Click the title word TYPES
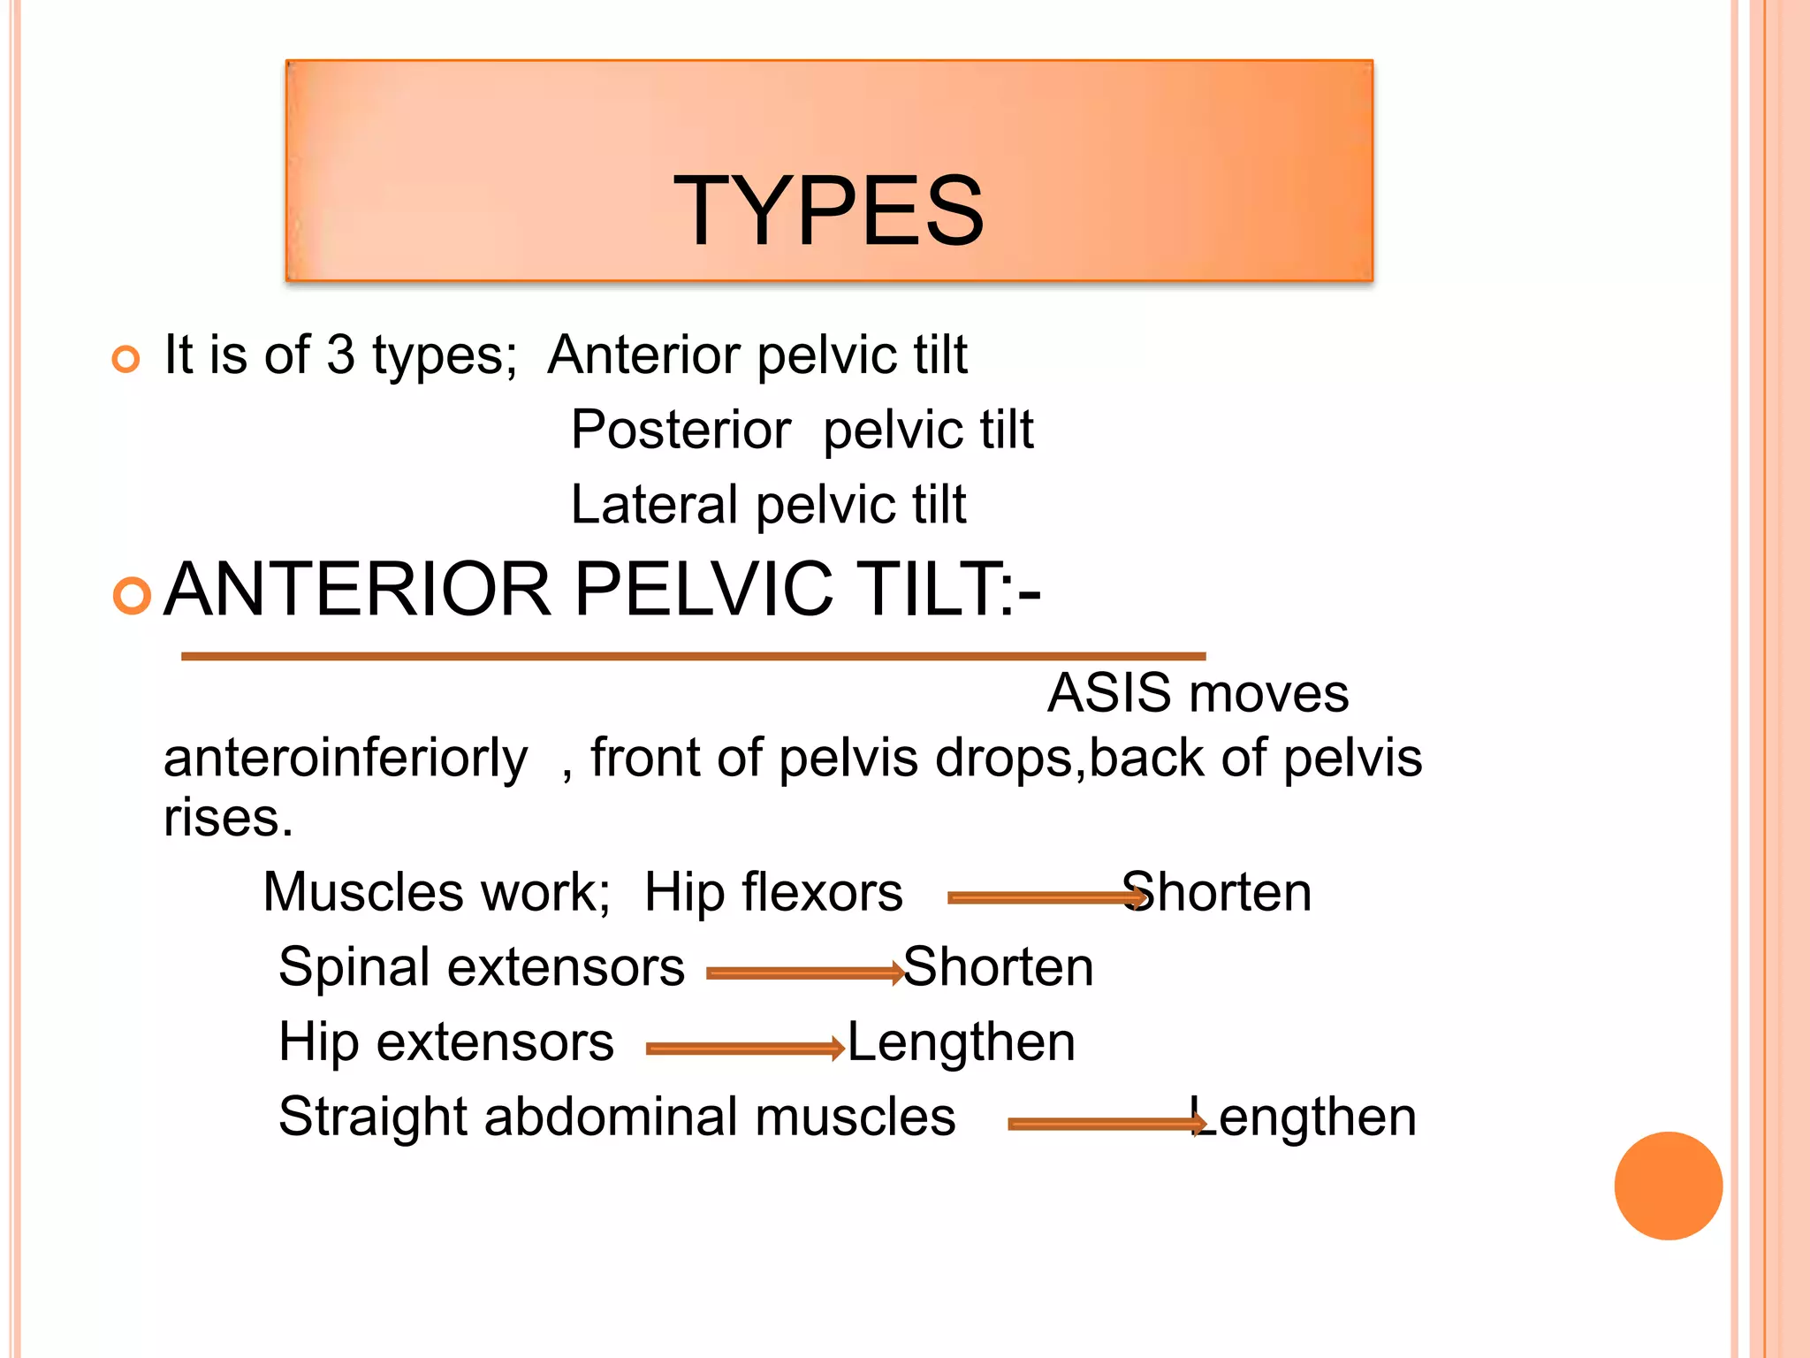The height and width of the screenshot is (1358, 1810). (828, 210)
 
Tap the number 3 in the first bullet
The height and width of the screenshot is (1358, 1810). (340, 355)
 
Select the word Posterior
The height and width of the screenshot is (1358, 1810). (681, 430)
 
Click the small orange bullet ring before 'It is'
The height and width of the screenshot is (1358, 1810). (126, 359)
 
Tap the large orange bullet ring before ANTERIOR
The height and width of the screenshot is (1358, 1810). (133, 596)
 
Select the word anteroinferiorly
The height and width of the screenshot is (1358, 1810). (346, 759)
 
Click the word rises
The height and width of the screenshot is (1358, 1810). (228, 818)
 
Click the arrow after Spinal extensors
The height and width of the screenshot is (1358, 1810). (805, 973)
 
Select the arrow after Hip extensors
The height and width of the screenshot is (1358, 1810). (745, 1049)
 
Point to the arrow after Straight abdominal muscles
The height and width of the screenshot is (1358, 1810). (1107, 1124)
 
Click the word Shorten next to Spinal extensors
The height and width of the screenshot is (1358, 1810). (999, 966)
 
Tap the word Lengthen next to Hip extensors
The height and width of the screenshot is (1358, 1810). (962, 1041)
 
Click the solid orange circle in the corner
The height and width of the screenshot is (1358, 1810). (1668, 1186)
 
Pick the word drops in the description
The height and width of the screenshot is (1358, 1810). (1004, 759)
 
